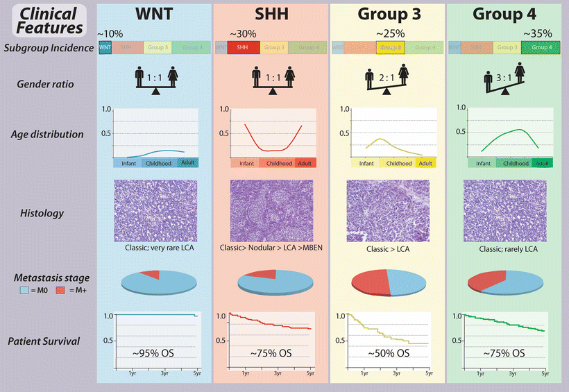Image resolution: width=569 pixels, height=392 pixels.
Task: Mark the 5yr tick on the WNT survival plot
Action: click(x=196, y=373)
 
